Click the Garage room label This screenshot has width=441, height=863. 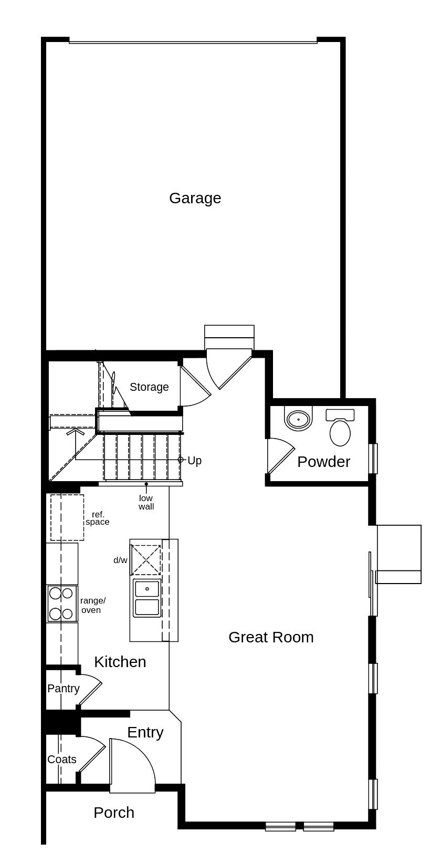(195, 198)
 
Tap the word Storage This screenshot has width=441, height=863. (149, 387)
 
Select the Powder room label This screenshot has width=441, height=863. (323, 462)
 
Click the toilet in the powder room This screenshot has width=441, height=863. (340, 428)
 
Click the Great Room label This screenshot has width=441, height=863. (271, 637)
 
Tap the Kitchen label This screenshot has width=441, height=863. (120, 662)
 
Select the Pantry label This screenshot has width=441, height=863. (63, 689)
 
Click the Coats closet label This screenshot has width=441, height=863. (61, 760)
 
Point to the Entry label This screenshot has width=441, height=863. (145, 732)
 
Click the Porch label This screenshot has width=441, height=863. (114, 813)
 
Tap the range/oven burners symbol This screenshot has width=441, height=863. (61, 604)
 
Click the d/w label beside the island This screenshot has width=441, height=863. (120, 560)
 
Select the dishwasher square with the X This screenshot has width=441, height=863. (146, 560)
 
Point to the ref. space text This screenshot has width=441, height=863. (98, 518)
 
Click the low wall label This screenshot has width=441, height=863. (146, 502)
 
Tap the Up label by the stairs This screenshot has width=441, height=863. (194, 461)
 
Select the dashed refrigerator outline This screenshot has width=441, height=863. (67, 517)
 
